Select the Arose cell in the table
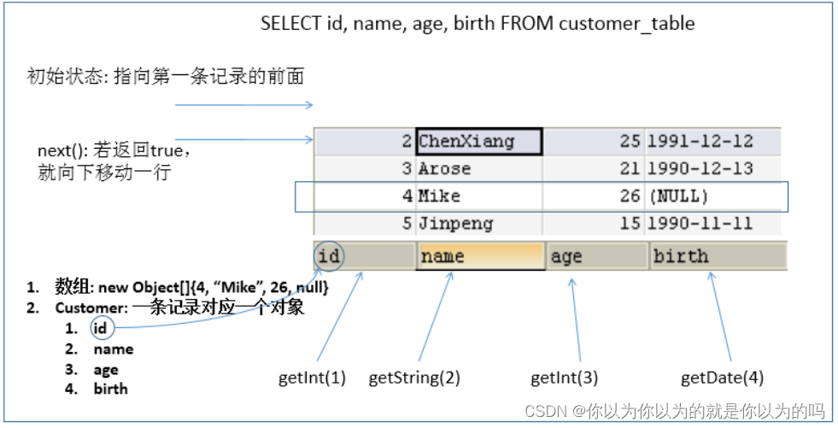pos(444,168)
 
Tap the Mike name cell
pos(439,196)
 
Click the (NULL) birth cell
pos(680,196)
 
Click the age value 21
pos(630,168)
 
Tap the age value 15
pos(630,224)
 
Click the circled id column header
pos(329,255)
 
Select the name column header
pos(442,255)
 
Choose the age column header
pos(566,255)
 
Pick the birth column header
pos(680,255)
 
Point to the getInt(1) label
pos(312,376)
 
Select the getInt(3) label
pos(565,376)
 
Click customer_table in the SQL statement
pos(626,23)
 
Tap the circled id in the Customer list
pos(101,328)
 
